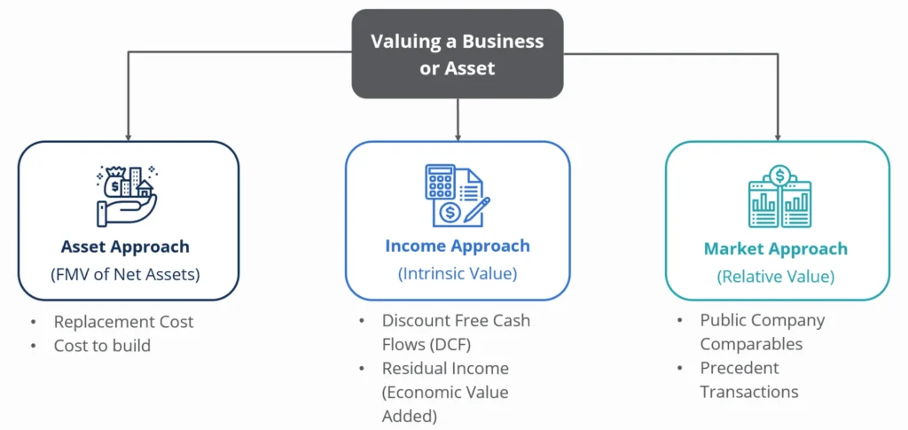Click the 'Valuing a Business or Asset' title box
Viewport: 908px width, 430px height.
pos(457,54)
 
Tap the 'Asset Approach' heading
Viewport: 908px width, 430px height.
pos(125,246)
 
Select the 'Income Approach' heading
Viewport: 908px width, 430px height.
pos(457,246)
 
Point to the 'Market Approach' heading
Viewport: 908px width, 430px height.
pos(776,249)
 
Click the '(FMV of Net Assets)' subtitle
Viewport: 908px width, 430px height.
pos(125,275)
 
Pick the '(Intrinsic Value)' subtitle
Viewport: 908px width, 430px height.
pos(457,274)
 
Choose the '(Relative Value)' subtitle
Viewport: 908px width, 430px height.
pos(776,277)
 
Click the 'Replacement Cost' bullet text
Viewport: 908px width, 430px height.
pos(123,322)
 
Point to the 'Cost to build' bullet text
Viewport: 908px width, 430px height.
pos(102,346)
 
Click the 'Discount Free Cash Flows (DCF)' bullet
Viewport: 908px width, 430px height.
pos(456,332)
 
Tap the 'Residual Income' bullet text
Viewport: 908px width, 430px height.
pos(445,368)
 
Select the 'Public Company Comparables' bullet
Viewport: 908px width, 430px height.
pos(762,332)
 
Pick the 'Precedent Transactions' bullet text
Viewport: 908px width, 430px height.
pos(749,379)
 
